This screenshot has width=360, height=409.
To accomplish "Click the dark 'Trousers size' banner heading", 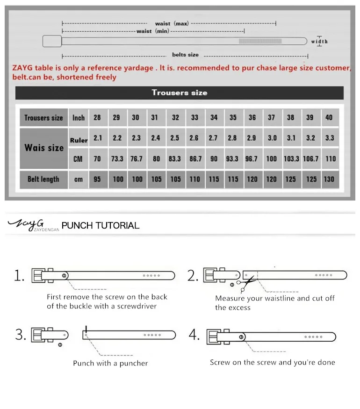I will (x=179, y=93).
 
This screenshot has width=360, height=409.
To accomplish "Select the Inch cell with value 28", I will (x=97, y=118).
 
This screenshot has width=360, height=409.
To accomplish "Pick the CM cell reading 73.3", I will (x=117, y=159).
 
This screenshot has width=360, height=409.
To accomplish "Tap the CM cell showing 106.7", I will (x=310, y=159).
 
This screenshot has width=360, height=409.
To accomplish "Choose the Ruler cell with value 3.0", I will (x=272, y=138).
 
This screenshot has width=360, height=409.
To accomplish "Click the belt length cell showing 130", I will (x=329, y=179).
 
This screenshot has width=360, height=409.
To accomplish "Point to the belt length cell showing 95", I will (x=97, y=179).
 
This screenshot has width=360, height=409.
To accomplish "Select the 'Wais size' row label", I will (x=44, y=148).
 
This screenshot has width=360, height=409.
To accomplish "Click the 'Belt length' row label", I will (x=43, y=179).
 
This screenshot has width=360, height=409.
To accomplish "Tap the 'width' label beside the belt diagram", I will (x=320, y=42).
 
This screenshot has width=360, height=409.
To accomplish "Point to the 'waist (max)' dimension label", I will (x=172, y=23).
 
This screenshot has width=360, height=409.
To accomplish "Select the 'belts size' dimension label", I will (x=185, y=55).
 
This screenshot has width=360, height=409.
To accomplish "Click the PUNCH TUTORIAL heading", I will (x=101, y=225).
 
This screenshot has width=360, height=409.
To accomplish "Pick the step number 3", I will (x=20, y=335).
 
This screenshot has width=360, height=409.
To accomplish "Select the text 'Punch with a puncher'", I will (x=110, y=363).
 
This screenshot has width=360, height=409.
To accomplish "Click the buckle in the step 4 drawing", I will (x=217, y=337).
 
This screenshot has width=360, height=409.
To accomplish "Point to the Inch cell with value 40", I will (x=329, y=118).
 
